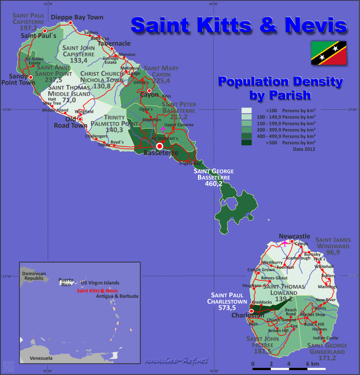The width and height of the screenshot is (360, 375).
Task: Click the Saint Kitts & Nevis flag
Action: coord(328,53)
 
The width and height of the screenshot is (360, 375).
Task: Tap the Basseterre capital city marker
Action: coord(159,146)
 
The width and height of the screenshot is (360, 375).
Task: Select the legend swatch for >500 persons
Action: coord(247,143)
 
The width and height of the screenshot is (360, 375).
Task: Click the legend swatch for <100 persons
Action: coord(247,110)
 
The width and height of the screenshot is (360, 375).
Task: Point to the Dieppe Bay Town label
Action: coord(77,18)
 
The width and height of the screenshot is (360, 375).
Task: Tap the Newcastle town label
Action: coord(294,236)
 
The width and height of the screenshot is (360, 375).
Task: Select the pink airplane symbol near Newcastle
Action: coord(284,243)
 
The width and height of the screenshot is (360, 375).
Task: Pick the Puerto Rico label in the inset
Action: coord(66,281)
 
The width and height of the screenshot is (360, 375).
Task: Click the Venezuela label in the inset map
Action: coord(41,358)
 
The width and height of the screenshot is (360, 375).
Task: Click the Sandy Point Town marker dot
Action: coord(31,77)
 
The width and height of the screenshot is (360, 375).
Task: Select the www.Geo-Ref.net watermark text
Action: coord(177,361)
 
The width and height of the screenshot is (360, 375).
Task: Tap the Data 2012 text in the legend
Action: coord(304,149)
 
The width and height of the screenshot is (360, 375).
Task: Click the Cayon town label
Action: coord(149,95)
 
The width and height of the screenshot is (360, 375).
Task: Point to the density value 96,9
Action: coord(333,253)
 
